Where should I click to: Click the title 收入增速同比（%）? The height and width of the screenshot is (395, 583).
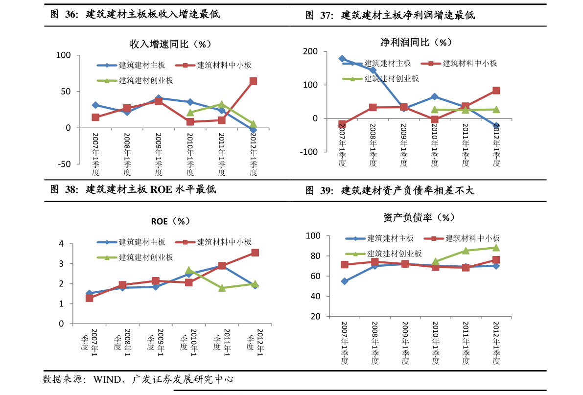(x=170, y=44)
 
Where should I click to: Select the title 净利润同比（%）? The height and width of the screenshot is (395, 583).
(x=416, y=43)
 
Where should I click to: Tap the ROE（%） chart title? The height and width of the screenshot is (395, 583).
(x=170, y=221)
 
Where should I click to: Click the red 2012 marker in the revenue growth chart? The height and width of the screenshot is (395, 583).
(x=253, y=81)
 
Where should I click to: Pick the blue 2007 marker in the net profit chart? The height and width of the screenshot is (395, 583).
(x=342, y=59)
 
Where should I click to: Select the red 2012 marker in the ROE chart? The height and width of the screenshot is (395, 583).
(x=255, y=253)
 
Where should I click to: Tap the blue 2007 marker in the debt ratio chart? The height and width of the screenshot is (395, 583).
(x=345, y=281)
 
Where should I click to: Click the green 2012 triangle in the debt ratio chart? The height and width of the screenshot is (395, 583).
(x=496, y=248)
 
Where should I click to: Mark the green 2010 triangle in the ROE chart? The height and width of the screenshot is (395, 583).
(x=189, y=271)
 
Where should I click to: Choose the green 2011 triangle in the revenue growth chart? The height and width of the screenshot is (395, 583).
(x=221, y=104)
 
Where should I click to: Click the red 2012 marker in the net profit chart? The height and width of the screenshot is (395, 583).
(x=496, y=91)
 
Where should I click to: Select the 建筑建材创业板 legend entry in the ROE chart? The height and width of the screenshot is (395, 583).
(x=146, y=257)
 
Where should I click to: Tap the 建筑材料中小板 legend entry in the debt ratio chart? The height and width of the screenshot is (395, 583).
(x=472, y=238)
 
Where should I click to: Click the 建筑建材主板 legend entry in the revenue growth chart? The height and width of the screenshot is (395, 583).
(x=142, y=65)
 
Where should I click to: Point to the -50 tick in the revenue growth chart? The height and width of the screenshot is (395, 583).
(x=65, y=164)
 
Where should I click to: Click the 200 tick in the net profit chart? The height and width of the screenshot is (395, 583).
(x=310, y=52)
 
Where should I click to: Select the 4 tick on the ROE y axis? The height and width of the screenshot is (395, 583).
(x=61, y=244)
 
